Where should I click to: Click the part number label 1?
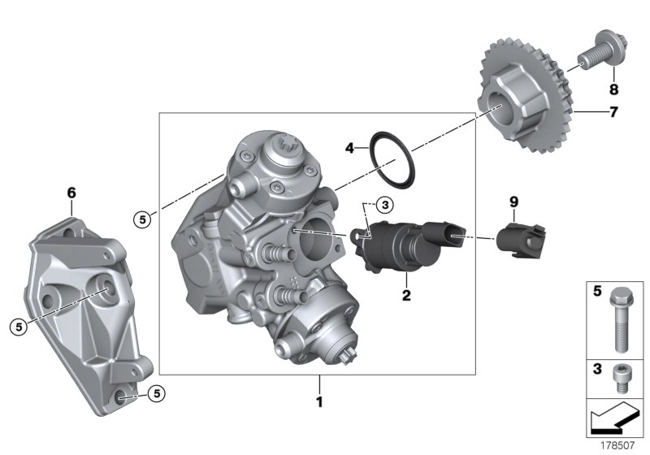point(320,402)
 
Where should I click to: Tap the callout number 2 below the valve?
point(405,295)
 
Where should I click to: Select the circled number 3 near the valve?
point(386,204)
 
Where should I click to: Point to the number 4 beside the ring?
point(350,149)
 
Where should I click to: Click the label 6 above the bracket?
point(71,193)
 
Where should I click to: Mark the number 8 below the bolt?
point(614,89)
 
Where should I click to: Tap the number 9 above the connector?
point(513,200)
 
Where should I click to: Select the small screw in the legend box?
point(621,375)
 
